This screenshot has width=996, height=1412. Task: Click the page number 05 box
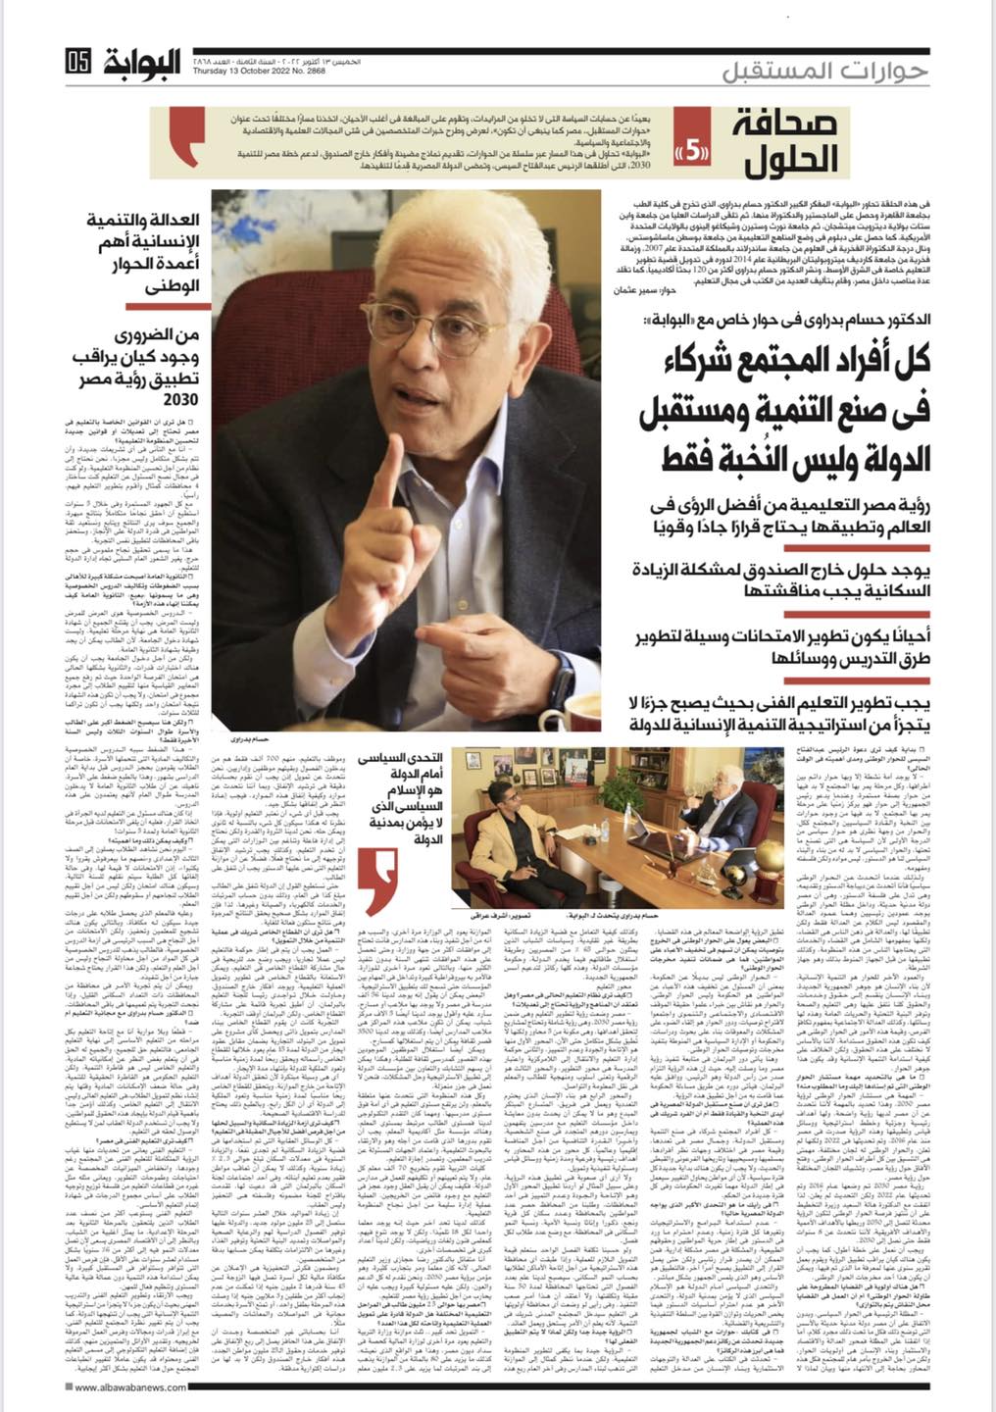79,61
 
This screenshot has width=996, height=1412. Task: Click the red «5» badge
693,152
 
